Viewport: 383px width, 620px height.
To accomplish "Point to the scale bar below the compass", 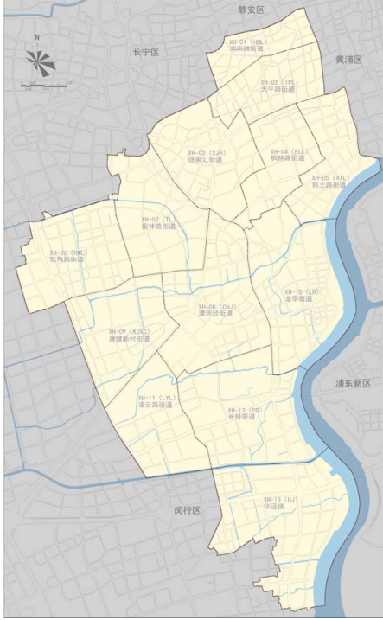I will [x=36, y=84].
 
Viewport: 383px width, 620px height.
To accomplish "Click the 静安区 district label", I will [x=251, y=9].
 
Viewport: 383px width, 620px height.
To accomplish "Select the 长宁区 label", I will [x=146, y=53].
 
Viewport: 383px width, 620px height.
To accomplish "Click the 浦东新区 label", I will [x=354, y=382].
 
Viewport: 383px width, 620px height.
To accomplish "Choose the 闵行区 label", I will [x=187, y=510].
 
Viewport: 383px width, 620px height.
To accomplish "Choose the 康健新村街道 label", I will [x=130, y=338].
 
